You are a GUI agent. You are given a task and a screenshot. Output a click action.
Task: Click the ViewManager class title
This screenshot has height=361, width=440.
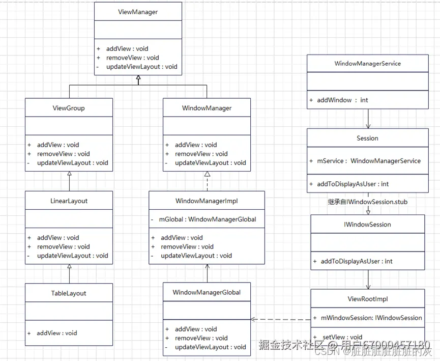pyautogui.click(x=138, y=12)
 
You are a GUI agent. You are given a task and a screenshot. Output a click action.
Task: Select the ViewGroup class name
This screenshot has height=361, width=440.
pyautogui.click(x=69, y=108)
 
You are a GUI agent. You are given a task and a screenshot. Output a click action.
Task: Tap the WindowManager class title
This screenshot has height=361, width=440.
pyautogui.click(x=207, y=108)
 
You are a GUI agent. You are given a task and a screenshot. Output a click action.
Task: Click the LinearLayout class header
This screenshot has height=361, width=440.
pyautogui.click(x=69, y=201)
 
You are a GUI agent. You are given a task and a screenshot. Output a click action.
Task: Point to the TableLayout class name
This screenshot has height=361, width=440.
pyautogui.click(x=69, y=293)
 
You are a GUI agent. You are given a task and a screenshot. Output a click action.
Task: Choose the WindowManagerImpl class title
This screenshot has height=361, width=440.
pyautogui.click(x=207, y=201)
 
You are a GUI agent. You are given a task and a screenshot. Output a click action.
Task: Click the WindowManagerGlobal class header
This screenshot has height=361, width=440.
pyautogui.click(x=207, y=292)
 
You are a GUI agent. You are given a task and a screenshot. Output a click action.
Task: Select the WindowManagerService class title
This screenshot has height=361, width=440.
pyautogui.click(x=367, y=64)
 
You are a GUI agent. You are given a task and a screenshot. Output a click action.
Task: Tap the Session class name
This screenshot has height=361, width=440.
pyautogui.click(x=367, y=138)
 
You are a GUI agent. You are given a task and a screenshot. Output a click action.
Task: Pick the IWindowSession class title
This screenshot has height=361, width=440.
pyautogui.click(x=367, y=224)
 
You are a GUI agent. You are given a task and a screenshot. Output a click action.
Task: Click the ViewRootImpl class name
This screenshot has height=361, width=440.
pyautogui.click(x=367, y=299)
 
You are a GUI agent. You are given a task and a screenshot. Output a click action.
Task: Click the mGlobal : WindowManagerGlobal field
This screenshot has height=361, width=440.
pyautogui.click(x=207, y=219)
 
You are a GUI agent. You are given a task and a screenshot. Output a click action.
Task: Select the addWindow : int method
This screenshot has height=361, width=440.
pyautogui.click(x=342, y=100)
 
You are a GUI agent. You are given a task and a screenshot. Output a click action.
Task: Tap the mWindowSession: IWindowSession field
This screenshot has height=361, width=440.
pyautogui.click(x=371, y=318)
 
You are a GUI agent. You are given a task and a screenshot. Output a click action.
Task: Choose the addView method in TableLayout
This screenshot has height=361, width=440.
pyautogui.click(x=56, y=333)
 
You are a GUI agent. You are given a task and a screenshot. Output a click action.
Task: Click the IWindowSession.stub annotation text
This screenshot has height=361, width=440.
pyautogui.click(x=367, y=202)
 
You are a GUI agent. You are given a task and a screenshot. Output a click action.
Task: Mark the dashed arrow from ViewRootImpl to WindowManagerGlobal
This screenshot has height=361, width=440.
pyautogui.click(x=280, y=320)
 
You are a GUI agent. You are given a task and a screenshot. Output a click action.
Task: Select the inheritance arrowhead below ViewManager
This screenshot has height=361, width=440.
pyautogui.click(x=138, y=77)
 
